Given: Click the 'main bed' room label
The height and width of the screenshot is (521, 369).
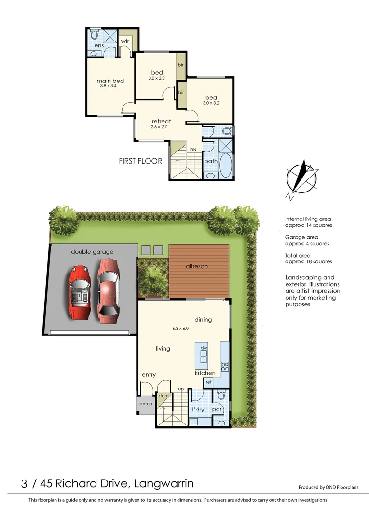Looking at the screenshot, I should pos(110,81).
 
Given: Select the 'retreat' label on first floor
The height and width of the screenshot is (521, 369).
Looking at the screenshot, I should pos(161,121).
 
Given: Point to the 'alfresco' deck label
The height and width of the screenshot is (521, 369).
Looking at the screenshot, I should pos(197,266).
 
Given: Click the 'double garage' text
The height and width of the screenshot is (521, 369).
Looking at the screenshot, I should pos(92,251).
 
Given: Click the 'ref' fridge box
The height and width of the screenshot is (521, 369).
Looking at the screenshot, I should pos(208,382).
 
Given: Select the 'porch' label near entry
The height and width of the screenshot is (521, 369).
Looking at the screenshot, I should pos(146,404).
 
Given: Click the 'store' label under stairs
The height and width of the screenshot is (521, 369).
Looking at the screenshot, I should pos(164,396).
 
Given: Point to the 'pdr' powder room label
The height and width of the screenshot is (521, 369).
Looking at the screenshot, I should pos(217,409).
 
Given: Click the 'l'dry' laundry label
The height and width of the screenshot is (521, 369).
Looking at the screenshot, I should pos(198,410).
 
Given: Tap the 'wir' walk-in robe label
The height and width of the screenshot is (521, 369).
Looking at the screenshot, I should pos(124,41).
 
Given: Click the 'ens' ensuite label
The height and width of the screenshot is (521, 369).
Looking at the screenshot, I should pos(99,46).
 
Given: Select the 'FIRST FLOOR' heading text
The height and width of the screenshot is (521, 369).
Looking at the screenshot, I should pos(140,161).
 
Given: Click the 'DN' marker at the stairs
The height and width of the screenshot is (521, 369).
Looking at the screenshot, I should pos(193,150).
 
